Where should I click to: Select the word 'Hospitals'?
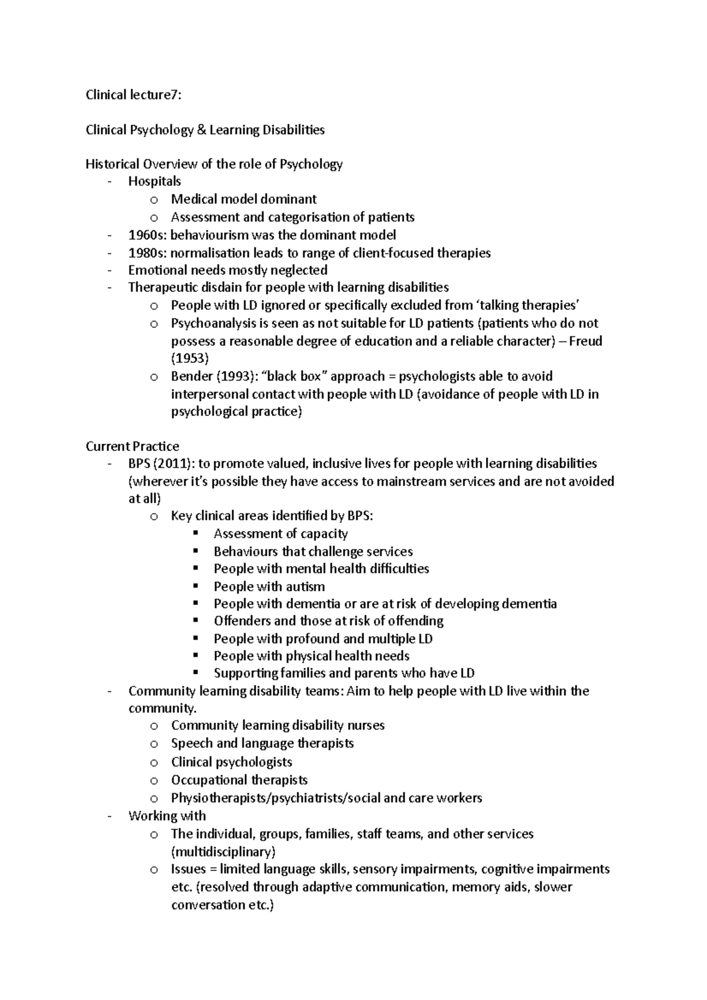point(154,181)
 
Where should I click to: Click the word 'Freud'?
point(586,341)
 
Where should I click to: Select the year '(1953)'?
point(190,359)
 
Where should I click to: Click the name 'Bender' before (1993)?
point(191,376)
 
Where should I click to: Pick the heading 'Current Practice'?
point(132,446)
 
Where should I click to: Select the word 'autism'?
point(305,587)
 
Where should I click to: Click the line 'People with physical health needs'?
point(311,656)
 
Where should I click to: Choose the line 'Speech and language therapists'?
point(262,743)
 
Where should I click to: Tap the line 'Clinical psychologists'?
point(232,762)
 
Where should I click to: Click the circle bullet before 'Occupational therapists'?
point(154,781)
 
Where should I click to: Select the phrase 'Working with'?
point(167,816)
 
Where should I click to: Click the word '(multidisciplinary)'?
point(223,852)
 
